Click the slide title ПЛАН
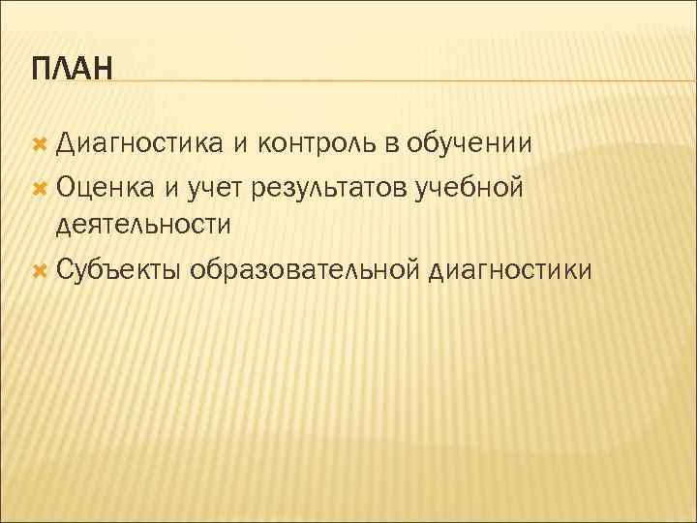click(72, 70)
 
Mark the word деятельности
click(143, 226)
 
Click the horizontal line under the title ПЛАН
click(387, 81)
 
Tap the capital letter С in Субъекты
click(64, 267)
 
